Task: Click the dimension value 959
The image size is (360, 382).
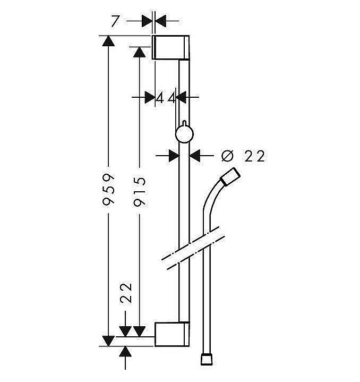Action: click(x=108, y=190)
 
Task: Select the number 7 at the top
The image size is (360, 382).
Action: click(x=115, y=21)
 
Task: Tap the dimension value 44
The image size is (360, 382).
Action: click(x=166, y=99)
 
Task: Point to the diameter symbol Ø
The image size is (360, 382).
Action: click(x=228, y=156)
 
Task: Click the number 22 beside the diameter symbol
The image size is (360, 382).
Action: click(x=255, y=156)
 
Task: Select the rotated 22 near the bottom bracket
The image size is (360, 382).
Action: click(x=126, y=293)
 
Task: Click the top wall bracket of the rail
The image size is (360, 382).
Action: click(x=170, y=47)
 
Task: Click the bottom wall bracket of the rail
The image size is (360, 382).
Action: click(x=172, y=334)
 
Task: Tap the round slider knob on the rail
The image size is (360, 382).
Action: click(x=184, y=134)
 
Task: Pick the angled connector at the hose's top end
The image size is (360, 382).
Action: click(x=230, y=177)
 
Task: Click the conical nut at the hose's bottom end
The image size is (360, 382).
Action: click(x=207, y=359)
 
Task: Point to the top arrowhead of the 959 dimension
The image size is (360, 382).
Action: click(x=108, y=40)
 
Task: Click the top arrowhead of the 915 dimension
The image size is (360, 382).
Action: click(x=140, y=52)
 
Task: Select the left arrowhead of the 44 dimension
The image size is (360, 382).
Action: click(x=150, y=97)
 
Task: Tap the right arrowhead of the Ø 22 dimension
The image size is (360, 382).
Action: click(x=195, y=156)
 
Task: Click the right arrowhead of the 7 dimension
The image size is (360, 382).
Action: click(x=161, y=21)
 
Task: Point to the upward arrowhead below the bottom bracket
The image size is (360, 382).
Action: click(x=125, y=351)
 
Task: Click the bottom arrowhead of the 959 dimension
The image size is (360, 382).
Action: click(x=108, y=341)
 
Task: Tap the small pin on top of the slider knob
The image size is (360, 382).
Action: click(x=184, y=123)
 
